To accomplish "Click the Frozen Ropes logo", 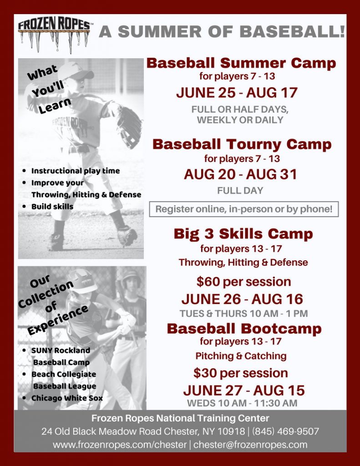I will point(54,33).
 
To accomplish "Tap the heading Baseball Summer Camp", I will point(241,63).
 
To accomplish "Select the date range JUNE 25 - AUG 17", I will point(237,93).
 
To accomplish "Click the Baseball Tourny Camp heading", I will point(242,144).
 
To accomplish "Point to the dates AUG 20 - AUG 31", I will point(240,175).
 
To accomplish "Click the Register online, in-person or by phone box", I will point(244,209).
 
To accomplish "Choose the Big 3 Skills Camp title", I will point(243,234).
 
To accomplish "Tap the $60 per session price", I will point(243,282).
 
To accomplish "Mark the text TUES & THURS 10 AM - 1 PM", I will point(243,314).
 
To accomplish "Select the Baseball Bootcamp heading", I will point(244,329).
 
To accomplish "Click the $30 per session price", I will point(240,373).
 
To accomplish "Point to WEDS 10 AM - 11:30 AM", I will point(242,403).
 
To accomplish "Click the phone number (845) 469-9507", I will point(286,431).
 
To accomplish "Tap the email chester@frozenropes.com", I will point(250,445).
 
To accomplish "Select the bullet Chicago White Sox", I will point(67,398).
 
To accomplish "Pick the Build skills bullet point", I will point(52,206).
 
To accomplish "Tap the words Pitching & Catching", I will point(241,356).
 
